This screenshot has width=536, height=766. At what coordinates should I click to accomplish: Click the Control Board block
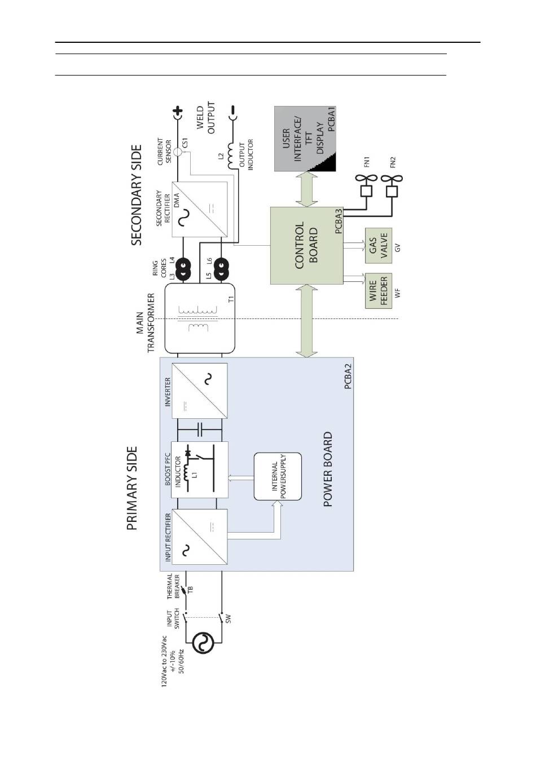307,246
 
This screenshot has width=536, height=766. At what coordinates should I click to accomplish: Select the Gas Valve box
379,246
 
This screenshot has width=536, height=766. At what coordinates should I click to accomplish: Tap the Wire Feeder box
379,291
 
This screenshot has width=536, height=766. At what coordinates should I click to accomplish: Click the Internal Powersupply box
278,476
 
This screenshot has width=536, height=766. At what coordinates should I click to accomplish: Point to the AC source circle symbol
203,643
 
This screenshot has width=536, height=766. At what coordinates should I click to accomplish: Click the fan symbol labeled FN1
366,185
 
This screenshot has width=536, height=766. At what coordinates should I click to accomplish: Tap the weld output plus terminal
178,113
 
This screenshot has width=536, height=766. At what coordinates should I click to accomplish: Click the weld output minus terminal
233,113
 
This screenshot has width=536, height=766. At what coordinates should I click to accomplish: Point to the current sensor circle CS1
178,152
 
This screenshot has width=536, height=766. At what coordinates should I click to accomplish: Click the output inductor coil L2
233,156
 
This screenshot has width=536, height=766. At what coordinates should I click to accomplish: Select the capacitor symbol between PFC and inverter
200,430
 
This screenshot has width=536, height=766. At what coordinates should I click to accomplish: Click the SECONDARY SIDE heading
136,195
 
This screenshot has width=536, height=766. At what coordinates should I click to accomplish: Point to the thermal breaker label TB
191,589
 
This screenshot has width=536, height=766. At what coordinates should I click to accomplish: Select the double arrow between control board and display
307,189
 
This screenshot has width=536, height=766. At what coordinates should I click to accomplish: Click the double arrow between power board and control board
307,321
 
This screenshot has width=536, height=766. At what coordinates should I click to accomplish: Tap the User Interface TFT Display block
305,139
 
